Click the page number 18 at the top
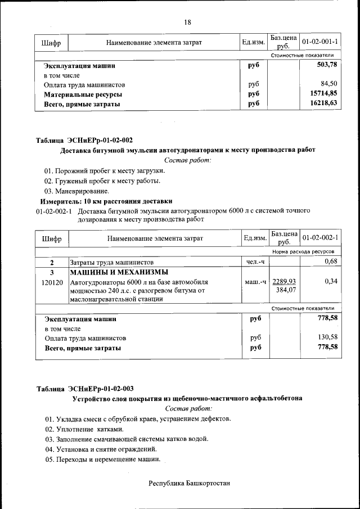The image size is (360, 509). [x=187, y=22]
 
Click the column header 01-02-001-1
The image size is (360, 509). [x=319, y=42]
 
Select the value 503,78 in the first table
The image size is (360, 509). [x=327, y=65]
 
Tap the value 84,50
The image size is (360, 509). [x=329, y=84]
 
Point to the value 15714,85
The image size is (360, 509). [x=325, y=94]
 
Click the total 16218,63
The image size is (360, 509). [x=325, y=103]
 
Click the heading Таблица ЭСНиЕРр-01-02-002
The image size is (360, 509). [x=84, y=140]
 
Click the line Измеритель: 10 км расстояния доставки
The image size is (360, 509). [x=106, y=201]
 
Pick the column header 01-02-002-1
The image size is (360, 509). [x=319, y=238]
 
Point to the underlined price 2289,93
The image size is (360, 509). [x=284, y=281]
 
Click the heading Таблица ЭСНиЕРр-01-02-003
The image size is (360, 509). [x=84, y=389]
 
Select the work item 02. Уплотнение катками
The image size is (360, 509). [x=84, y=429]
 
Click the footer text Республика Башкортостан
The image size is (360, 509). [x=189, y=483]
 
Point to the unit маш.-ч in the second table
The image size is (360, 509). [x=255, y=281]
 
